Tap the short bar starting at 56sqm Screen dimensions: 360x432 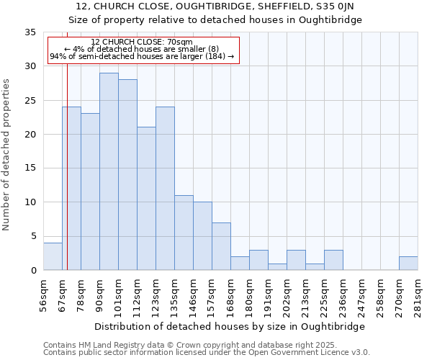[x=53, y=256]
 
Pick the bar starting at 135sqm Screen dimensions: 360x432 [x=184, y=233]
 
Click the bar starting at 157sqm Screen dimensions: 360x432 [x=221, y=246]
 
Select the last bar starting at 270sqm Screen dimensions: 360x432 [x=408, y=264]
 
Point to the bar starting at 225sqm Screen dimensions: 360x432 [x=333, y=260]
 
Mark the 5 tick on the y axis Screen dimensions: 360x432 [x=33, y=236]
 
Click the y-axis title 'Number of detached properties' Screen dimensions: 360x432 [x=7, y=155]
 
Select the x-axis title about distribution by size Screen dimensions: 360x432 [x=230, y=326]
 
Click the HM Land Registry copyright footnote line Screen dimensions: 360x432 [x=186, y=345]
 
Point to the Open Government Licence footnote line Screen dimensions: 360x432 [x=207, y=353]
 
